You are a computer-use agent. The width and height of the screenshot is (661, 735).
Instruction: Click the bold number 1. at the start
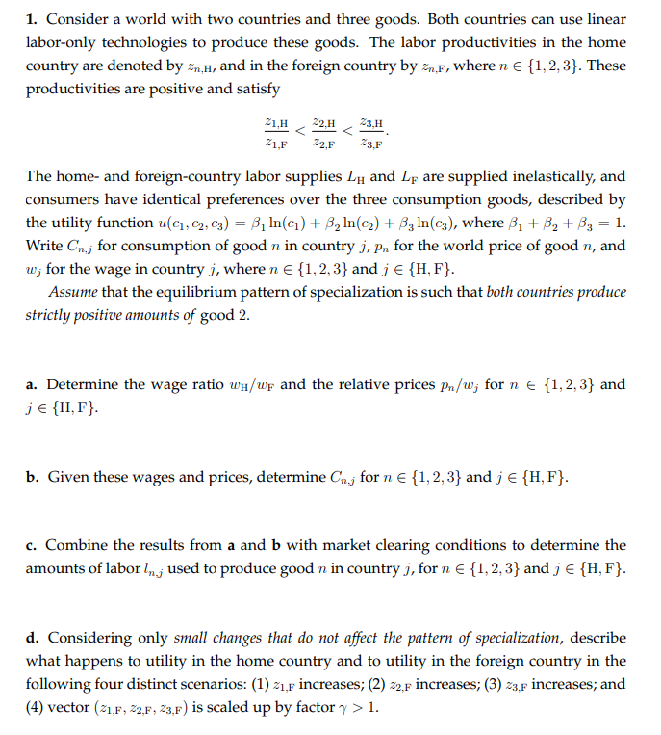32,19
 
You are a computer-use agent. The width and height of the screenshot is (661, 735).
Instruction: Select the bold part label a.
32,385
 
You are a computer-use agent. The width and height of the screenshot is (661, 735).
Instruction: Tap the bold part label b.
32,477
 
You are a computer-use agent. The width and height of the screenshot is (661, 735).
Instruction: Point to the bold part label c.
31,545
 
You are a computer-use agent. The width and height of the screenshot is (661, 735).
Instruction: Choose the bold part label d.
32,638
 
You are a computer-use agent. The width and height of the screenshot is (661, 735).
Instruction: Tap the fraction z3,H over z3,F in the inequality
371,132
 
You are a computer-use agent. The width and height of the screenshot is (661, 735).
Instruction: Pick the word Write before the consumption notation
45,246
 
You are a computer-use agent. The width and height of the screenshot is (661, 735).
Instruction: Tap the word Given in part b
67,477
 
